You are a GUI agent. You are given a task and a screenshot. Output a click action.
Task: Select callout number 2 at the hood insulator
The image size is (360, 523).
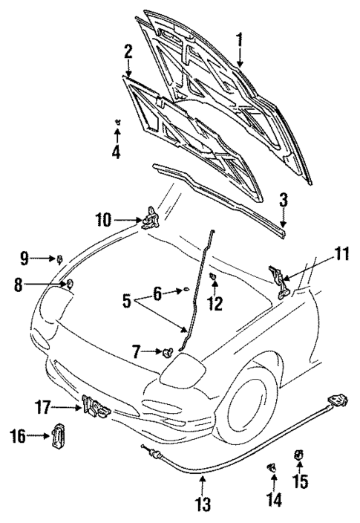(x=128, y=52)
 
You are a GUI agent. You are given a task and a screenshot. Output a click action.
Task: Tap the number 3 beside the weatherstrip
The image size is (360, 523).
(x=284, y=199)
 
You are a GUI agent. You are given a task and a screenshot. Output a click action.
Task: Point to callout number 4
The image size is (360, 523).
(x=116, y=154)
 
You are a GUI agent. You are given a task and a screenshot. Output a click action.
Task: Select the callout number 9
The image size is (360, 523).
(x=25, y=259)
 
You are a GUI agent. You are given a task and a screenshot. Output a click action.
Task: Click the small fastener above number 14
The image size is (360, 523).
(x=272, y=467)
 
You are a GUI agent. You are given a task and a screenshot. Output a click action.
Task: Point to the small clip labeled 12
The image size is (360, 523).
(x=213, y=277)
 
